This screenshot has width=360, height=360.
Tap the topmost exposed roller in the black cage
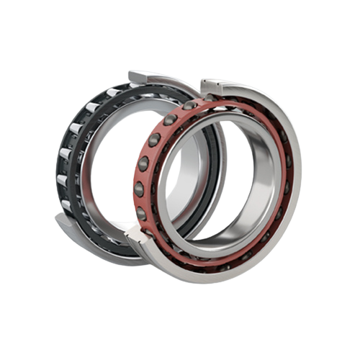coord(94,109)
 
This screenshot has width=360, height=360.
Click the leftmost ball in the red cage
coord(139,188)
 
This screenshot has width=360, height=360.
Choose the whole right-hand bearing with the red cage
coord(216,180)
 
